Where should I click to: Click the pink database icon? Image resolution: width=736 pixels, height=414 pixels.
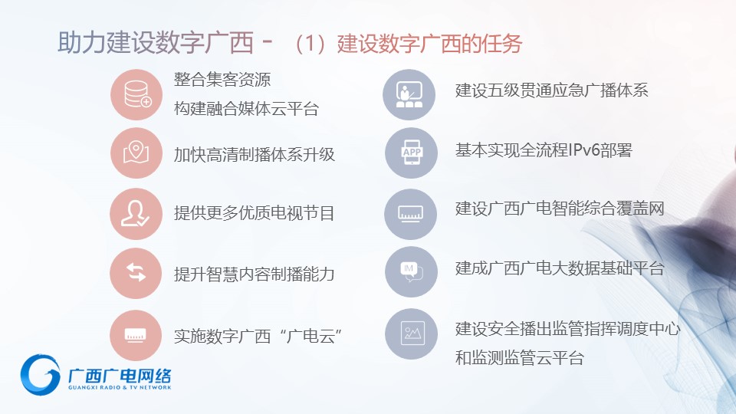(x=136, y=94)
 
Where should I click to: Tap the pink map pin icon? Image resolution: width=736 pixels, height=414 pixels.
(x=136, y=153)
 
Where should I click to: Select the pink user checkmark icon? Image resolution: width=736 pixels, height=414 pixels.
(x=136, y=214)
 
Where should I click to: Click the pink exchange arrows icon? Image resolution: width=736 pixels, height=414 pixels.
(x=136, y=273)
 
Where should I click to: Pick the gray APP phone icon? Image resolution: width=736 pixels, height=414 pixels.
(x=411, y=153)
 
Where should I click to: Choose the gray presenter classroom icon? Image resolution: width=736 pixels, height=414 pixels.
(x=409, y=94)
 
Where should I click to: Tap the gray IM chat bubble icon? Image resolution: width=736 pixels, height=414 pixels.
(x=411, y=271)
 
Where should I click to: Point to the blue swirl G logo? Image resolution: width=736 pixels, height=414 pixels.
(x=41, y=374)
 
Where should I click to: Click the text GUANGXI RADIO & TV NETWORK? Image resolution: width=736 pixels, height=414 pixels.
(x=120, y=388)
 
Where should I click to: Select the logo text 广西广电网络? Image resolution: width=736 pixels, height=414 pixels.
(x=120, y=376)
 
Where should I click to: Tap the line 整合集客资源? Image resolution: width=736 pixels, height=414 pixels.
(x=222, y=79)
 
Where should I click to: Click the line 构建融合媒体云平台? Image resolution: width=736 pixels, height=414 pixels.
(x=246, y=109)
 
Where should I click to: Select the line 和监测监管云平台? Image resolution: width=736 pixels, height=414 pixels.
(x=520, y=358)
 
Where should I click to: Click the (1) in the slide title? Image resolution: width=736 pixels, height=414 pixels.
(x=310, y=44)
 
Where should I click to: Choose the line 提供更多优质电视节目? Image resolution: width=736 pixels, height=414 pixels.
(x=255, y=213)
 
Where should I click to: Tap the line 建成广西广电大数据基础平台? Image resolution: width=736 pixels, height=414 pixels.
(x=560, y=268)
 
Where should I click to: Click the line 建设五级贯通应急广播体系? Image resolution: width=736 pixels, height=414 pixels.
(x=551, y=90)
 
